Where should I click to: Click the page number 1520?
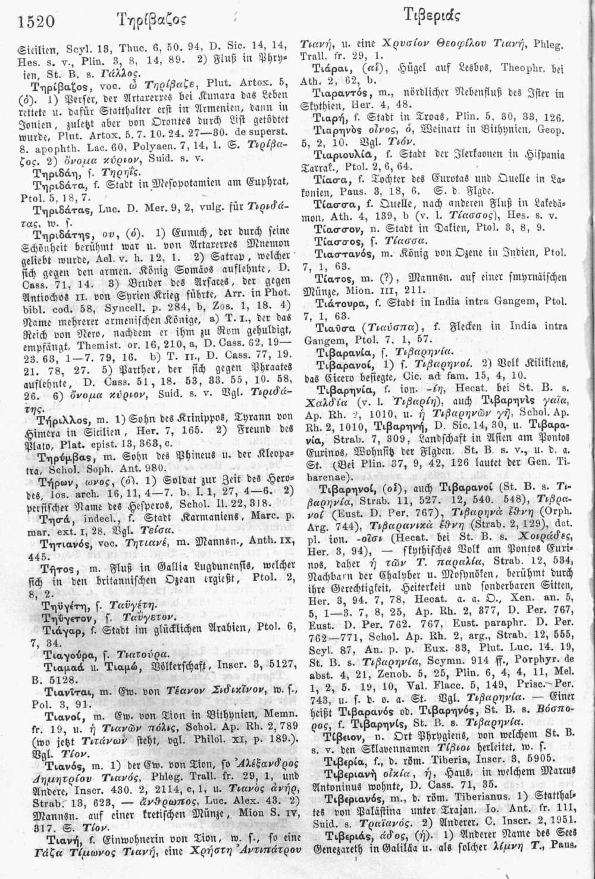click(37, 22)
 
